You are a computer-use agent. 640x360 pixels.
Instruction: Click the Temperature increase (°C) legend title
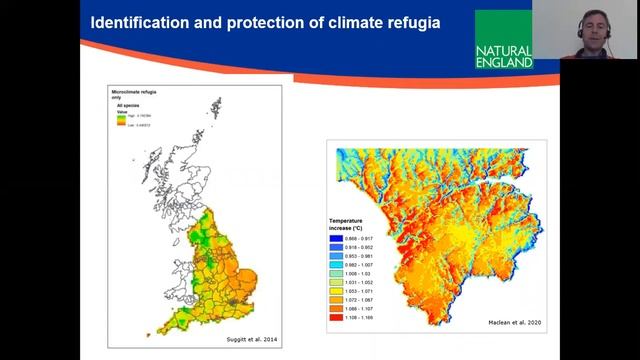pyautogui.click(x=356, y=222)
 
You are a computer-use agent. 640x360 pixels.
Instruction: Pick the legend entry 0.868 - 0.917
pyautogui.click(x=364, y=238)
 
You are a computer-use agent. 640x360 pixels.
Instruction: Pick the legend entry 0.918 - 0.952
pyautogui.click(x=364, y=245)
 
